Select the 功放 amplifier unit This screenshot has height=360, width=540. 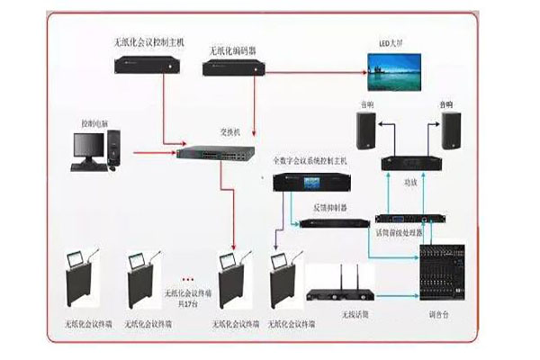(x=410, y=163)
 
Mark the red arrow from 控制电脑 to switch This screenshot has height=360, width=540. (x=153, y=152)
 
